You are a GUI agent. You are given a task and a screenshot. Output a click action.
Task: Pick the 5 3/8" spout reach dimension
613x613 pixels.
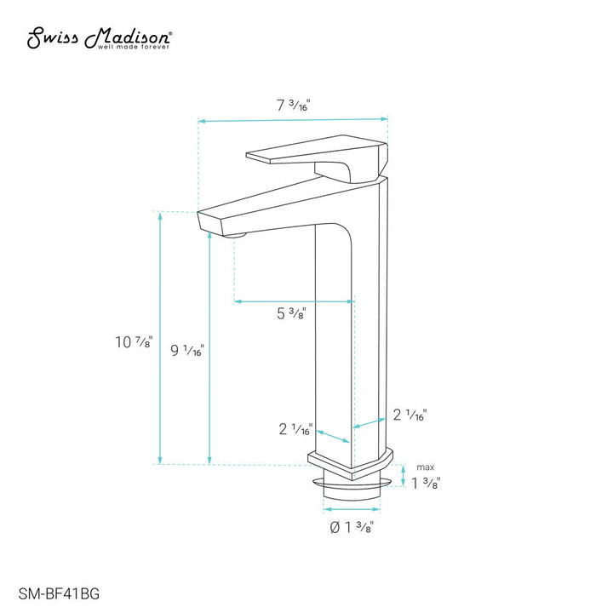[x=291, y=313]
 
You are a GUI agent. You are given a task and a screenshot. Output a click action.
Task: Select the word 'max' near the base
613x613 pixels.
[x=424, y=467]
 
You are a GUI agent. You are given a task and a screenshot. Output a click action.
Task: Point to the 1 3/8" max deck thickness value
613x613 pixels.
[x=425, y=484]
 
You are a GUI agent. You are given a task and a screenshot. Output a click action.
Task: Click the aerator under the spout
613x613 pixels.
[x=236, y=233]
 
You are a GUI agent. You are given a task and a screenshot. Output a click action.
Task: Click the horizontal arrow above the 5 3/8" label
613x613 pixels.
[x=294, y=301]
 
